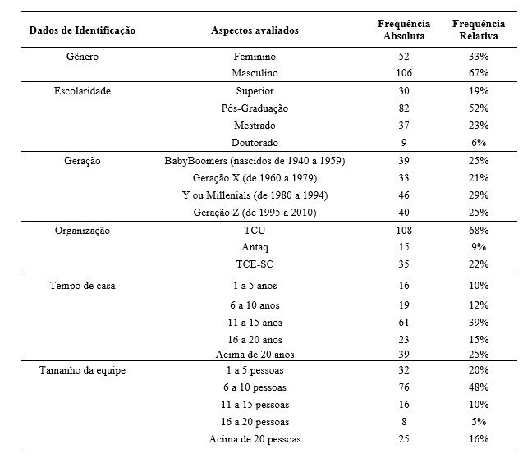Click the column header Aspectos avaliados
click(x=255, y=30)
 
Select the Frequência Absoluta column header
click(x=403, y=30)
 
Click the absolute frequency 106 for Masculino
click(x=403, y=74)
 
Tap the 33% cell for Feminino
click(x=479, y=57)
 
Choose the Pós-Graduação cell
click(x=255, y=108)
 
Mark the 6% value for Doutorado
click(x=479, y=143)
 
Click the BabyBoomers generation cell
click(x=255, y=161)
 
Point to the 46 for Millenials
click(x=403, y=195)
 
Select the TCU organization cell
click(x=255, y=231)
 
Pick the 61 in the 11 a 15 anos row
click(x=403, y=322)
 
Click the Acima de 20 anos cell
click(x=255, y=355)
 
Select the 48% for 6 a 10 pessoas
click(x=479, y=387)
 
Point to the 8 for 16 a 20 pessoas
click(x=403, y=422)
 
